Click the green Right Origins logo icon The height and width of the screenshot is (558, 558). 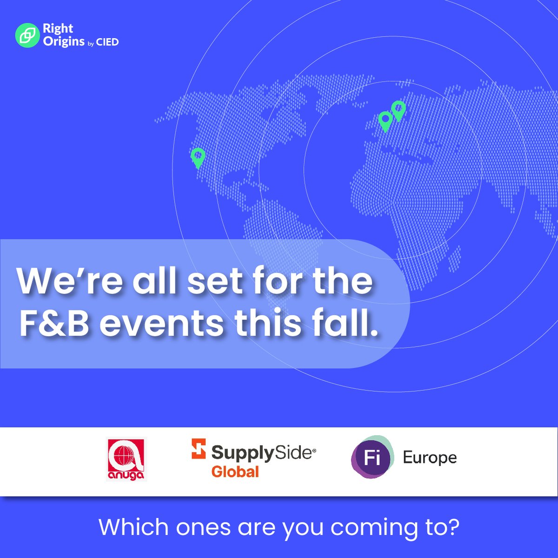coord(27,35)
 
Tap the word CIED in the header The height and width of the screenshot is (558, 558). coord(107,42)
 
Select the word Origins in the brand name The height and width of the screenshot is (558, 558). coord(64,41)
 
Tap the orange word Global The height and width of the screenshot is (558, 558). coord(235,472)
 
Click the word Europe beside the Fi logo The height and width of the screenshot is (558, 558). coord(430,458)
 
